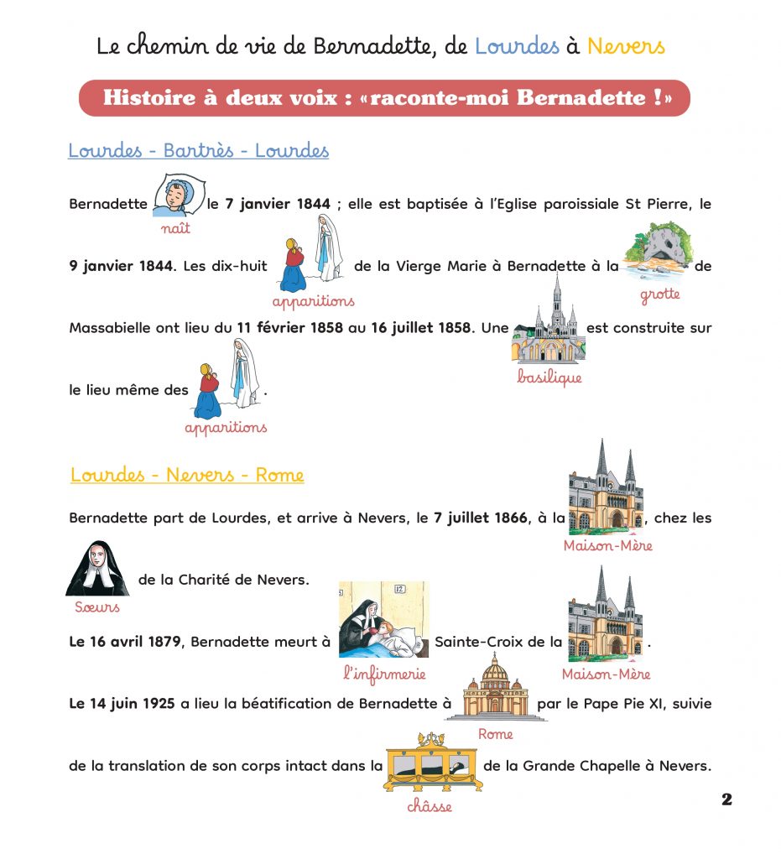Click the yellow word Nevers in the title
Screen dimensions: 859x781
[x=626, y=45]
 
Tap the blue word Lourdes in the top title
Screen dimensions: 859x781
[x=517, y=45]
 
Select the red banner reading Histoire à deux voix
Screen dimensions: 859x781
[x=384, y=97]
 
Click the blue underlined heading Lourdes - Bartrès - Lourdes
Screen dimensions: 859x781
[x=198, y=151]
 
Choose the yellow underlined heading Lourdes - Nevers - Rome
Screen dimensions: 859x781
[x=187, y=475]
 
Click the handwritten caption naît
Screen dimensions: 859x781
[x=175, y=227]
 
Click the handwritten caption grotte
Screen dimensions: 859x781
[x=659, y=294]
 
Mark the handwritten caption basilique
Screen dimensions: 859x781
[x=549, y=377]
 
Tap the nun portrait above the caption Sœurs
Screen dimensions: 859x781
[x=97, y=568]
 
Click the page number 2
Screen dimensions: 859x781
[x=726, y=799]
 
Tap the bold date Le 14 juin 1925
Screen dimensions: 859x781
[x=123, y=704]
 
